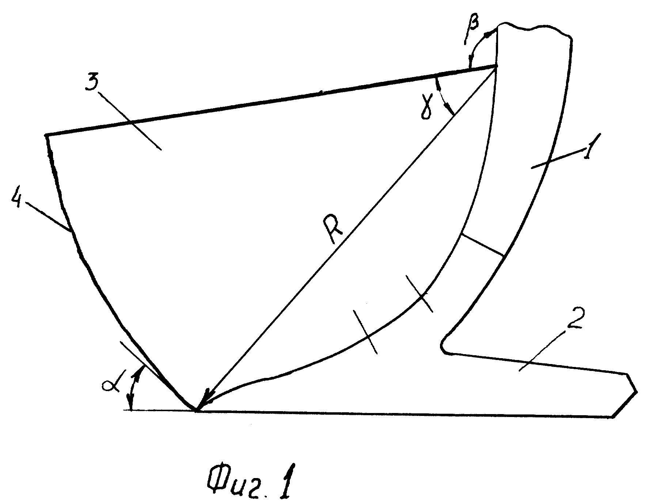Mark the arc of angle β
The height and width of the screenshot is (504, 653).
click(477, 47)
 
